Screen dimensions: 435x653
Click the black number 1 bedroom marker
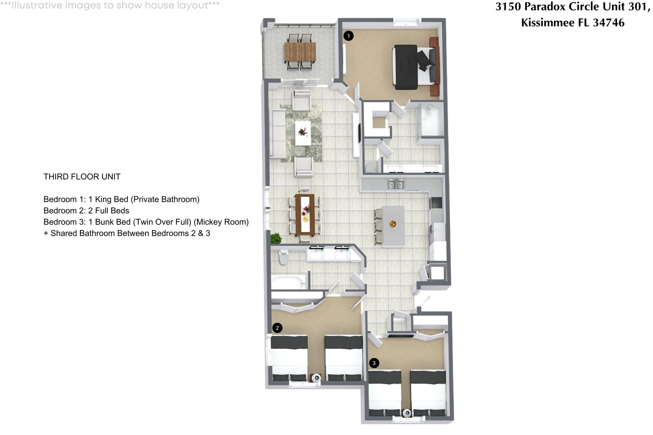(348, 36)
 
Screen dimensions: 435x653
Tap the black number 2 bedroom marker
(277, 328)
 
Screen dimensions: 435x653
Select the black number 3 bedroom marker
(374, 363)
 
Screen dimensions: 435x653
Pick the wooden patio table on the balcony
(300, 52)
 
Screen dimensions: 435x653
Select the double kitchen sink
(396, 184)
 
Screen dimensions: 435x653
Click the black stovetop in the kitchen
(436, 202)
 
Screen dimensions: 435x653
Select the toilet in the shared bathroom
(283, 257)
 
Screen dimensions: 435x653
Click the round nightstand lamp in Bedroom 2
(316, 378)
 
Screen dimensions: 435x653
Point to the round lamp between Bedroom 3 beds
(407, 413)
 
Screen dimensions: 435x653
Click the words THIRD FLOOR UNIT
(82, 177)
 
